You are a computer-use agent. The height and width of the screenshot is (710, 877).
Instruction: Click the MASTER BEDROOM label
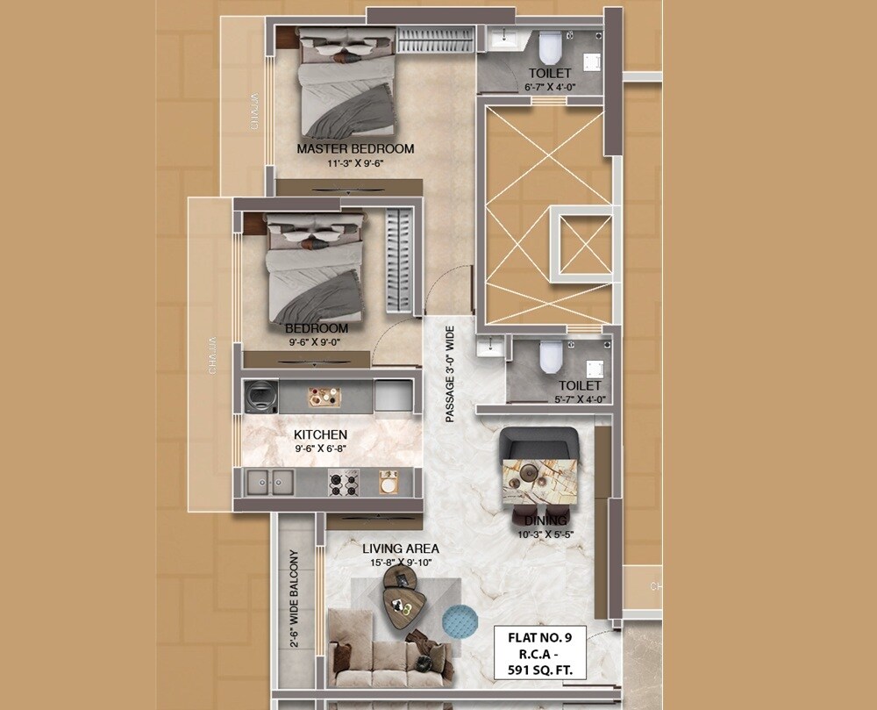(x=355, y=148)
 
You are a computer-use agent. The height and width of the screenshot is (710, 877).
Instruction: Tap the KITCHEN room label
(x=320, y=434)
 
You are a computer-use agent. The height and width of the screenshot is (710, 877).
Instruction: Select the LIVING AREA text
(x=401, y=549)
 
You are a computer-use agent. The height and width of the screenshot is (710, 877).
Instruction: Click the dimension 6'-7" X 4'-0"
(x=549, y=87)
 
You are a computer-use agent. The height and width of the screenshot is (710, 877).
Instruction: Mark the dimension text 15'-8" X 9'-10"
(x=401, y=563)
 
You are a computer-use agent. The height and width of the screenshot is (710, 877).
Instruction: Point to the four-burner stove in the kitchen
(x=344, y=482)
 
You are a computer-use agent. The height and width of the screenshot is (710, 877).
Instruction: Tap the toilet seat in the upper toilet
(x=550, y=45)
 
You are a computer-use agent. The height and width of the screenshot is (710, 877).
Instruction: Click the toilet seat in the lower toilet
(x=550, y=355)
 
